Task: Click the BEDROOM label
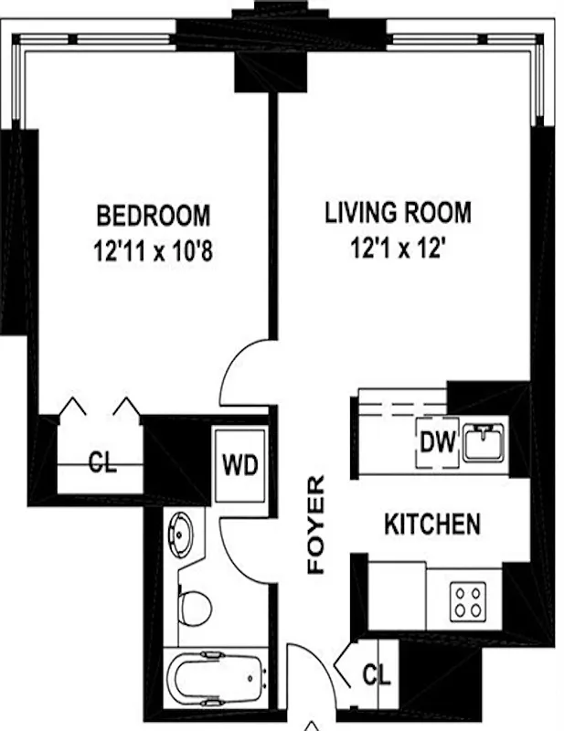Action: [154, 217]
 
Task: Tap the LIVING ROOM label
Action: [399, 214]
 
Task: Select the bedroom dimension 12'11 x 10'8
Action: [154, 251]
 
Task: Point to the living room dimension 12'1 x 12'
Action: [399, 249]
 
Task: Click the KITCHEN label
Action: [431, 525]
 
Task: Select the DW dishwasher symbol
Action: [437, 443]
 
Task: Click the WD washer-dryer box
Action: [240, 464]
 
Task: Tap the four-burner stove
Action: [468, 599]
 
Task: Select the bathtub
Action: [216, 678]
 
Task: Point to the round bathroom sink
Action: [180, 533]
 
